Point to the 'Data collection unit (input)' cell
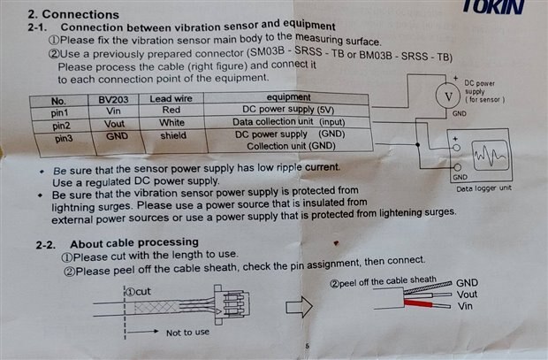[x=286, y=122]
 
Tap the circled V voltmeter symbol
[x=448, y=95]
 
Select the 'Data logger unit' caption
[x=483, y=188]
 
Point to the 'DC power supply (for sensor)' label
[x=484, y=91]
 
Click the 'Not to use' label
[x=187, y=333]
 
